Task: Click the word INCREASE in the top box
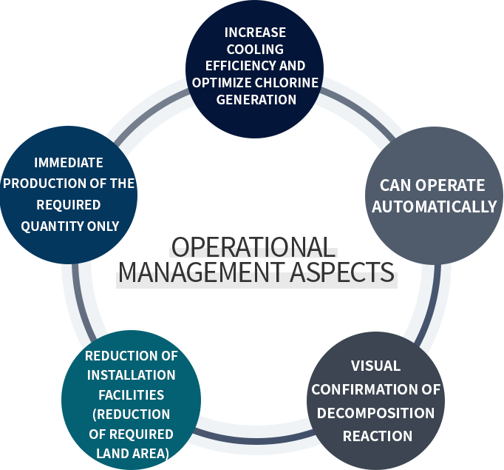(x=255, y=33)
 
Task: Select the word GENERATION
(x=256, y=99)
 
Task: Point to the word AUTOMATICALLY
(x=434, y=207)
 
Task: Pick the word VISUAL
(x=375, y=366)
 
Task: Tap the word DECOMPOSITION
(x=375, y=412)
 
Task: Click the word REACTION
(x=377, y=436)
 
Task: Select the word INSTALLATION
(x=131, y=375)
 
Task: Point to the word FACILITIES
(x=131, y=395)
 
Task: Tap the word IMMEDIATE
(x=68, y=163)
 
